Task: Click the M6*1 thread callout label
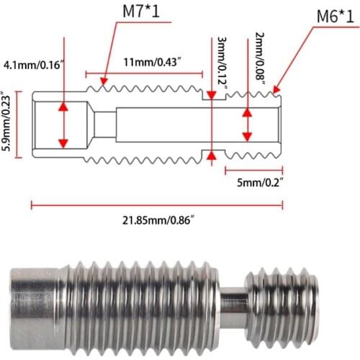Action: (x=328, y=15)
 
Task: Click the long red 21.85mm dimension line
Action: (x=157, y=205)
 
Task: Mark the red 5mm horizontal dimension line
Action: (x=253, y=171)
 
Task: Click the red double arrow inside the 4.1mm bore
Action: (x=64, y=124)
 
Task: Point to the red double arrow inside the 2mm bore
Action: (x=248, y=125)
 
